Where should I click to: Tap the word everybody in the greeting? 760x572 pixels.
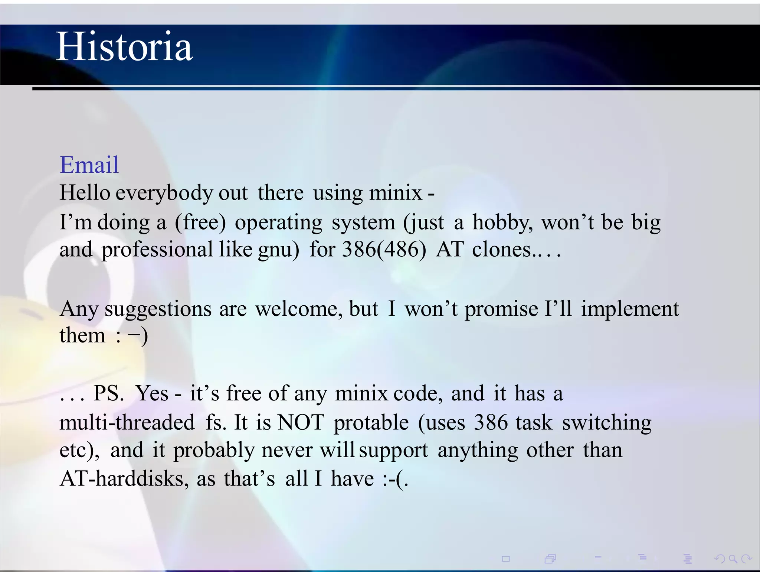pos(164,193)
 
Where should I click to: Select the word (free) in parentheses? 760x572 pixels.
pos(200,222)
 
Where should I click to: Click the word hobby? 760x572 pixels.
pos(502,222)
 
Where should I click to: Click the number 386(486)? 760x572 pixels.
pos(384,249)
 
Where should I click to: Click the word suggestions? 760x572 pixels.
pos(158,309)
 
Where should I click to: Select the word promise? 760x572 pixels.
pos(501,309)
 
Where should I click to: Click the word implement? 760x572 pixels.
pos(630,309)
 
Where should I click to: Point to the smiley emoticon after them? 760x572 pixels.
pos(132,336)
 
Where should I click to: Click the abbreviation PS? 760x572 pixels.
pos(108,393)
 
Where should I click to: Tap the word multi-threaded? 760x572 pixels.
pos(127,423)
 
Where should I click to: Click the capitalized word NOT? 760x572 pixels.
pos(301,423)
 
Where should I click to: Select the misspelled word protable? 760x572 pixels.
pos(371,423)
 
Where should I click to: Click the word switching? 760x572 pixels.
pos(607,423)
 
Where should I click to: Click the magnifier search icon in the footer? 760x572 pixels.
pos(733,559)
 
